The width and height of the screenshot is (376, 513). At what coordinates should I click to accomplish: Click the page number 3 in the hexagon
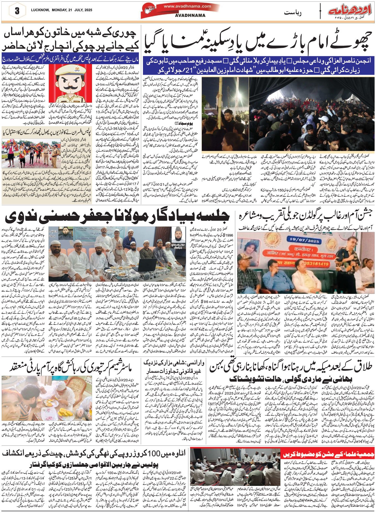pyautogui.click(x=17, y=11)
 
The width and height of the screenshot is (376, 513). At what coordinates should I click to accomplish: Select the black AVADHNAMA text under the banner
pyautogui.click(x=190, y=15)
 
